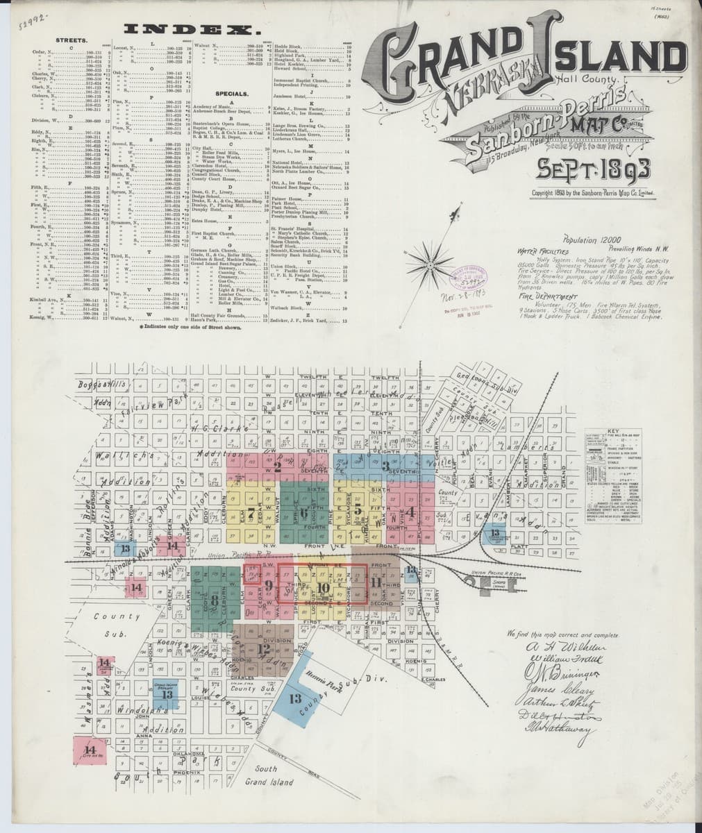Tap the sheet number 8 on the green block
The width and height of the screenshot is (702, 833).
[215, 600]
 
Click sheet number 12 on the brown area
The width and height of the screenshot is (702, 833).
[263, 649]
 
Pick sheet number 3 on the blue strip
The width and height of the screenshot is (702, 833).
[385, 466]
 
